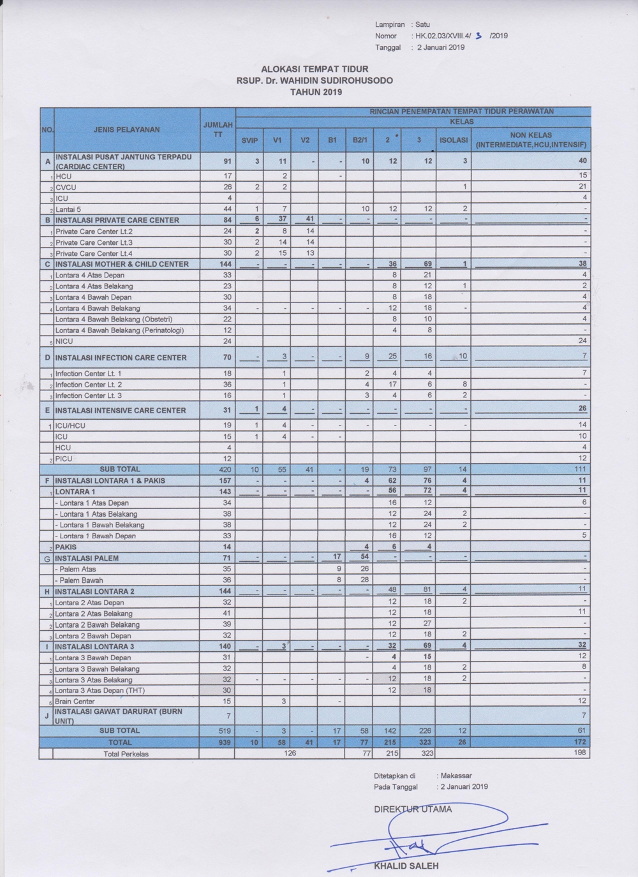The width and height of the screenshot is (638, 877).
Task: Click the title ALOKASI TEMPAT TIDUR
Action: [x=315, y=69]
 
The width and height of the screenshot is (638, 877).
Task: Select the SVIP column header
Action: [x=249, y=140]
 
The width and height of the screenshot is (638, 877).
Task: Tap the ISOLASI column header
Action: [x=454, y=140]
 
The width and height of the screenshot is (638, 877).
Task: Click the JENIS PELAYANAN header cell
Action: [x=126, y=129]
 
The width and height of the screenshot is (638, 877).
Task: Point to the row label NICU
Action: [x=64, y=341]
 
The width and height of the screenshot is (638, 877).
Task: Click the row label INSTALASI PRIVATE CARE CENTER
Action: [x=117, y=220]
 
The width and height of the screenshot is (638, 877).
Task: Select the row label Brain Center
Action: [x=75, y=701]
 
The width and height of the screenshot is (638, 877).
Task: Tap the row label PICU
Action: [x=64, y=459]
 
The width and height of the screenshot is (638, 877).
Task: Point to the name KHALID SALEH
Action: [x=406, y=866]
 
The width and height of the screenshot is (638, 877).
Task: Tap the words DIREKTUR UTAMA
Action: [x=413, y=809]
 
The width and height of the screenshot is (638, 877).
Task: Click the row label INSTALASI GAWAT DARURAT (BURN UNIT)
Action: [x=119, y=716]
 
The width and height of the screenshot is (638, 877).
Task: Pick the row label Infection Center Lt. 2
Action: [x=89, y=385]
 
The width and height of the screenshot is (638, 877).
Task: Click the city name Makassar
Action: [x=456, y=776]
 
